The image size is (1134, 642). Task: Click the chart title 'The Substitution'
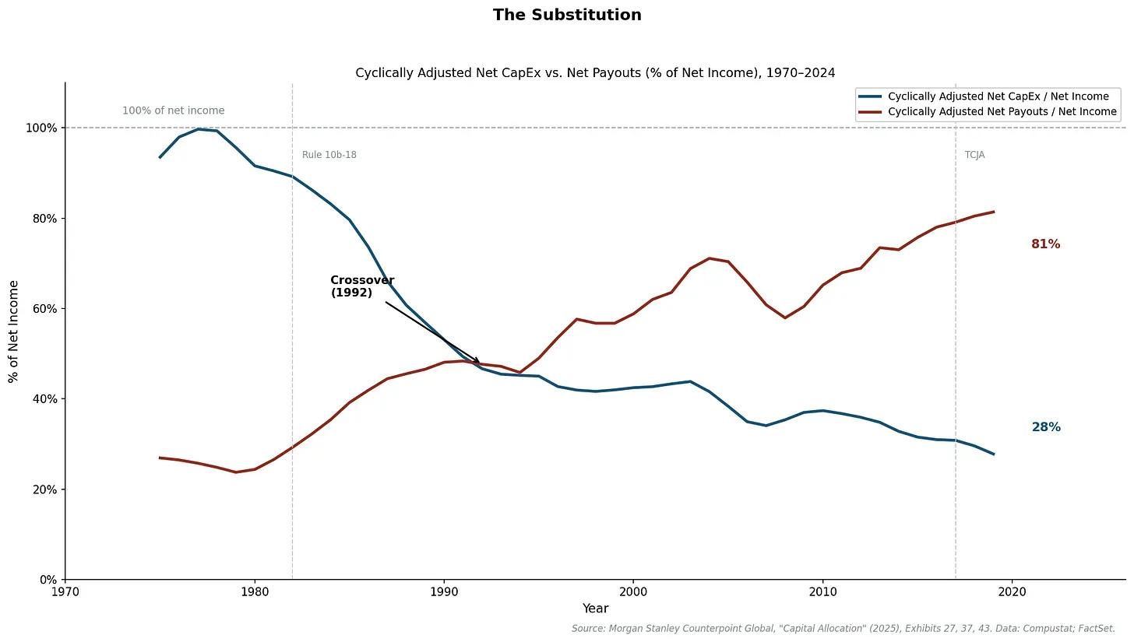pyautogui.click(x=567, y=15)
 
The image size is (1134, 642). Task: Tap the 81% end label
pyautogui.click(x=1045, y=244)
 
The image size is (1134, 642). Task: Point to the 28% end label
pyautogui.click(x=1045, y=427)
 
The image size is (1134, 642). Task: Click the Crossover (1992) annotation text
pyautogui.click(x=362, y=286)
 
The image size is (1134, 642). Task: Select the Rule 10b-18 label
pyautogui.click(x=329, y=155)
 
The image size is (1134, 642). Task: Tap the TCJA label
pyautogui.click(x=974, y=155)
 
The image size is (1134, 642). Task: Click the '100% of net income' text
pyautogui.click(x=173, y=111)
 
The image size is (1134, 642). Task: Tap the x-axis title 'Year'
pyautogui.click(x=595, y=609)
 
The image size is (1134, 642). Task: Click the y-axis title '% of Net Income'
pyautogui.click(x=13, y=331)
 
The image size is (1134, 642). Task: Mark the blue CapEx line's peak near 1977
pyautogui.click(x=198, y=129)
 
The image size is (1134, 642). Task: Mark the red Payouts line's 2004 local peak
pyautogui.click(x=709, y=258)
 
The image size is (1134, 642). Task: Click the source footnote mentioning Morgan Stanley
pyautogui.click(x=843, y=628)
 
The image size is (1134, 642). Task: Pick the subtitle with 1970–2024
pyautogui.click(x=595, y=73)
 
